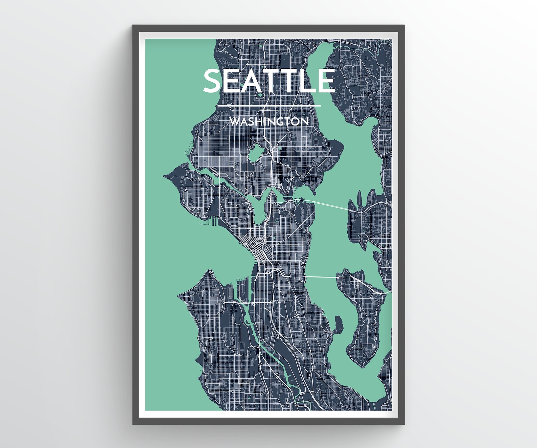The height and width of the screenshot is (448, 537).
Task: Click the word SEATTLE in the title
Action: (x=269, y=81)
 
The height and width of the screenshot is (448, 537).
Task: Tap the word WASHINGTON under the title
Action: (x=269, y=121)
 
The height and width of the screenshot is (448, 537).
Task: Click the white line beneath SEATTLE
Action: (x=269, y=106)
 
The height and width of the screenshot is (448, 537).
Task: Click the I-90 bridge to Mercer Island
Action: (x=321, y=277)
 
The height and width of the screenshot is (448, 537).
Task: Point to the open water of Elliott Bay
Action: (x=216, y=250)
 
